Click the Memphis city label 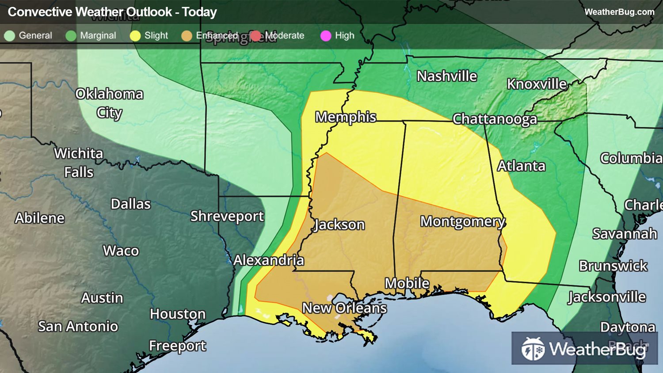click(x=345, y=117)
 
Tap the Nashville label click(x=446, y=76)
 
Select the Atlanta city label click(x=521, y=166)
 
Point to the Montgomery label click(x=462, y=221)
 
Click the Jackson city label click(x=339, y=225)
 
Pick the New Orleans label click(x=344, y=308)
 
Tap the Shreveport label click(x=227, y=216)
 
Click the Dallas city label click(x=130, y=204)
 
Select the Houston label click(x=177, y=314)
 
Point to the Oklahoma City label click(x=109, y=103)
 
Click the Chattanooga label click(x=495, y=119)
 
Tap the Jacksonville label click(x=607, y=297)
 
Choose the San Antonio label click(x=78, y=327)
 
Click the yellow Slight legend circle click(x=135, y=36)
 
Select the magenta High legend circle click(x=326, y=36)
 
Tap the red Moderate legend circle click(x=256, y=36)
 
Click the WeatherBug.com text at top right click(x=619, y=12)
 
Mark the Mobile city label click(x=407, y=283)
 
